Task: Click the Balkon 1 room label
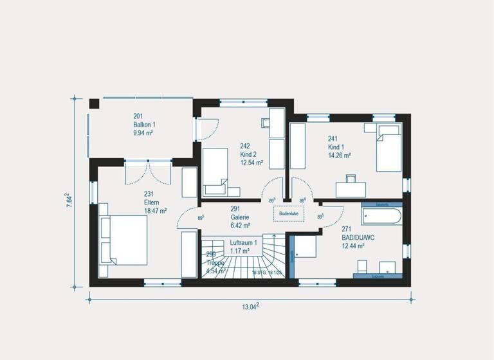(144, 125)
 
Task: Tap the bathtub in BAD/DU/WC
(381, 215)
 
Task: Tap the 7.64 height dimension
(69, 199)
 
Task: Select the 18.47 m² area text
(156, 210)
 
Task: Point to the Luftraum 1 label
(243, 242)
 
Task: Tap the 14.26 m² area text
(339, 155)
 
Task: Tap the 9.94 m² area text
(143, 133)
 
